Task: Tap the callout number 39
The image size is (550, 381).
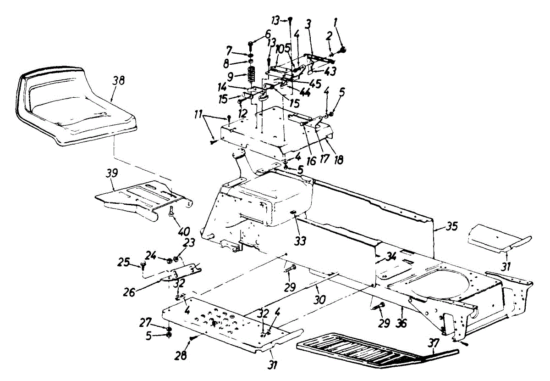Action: click(112, 174)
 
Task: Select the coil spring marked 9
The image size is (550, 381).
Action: click(251, 73)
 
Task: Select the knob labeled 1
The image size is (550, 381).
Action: click(343, 49)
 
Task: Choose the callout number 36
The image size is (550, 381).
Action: click(401, 324)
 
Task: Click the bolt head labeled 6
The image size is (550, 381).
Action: click(251, 44)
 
